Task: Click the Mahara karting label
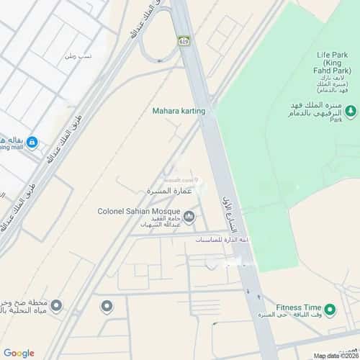[179, 111]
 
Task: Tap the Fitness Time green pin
[330, 310]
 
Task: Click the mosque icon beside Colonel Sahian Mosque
[189, 216]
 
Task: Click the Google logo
[19, 352]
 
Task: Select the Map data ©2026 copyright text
[334, 355]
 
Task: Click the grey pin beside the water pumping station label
[56, 307]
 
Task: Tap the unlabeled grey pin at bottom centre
[107, 307]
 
